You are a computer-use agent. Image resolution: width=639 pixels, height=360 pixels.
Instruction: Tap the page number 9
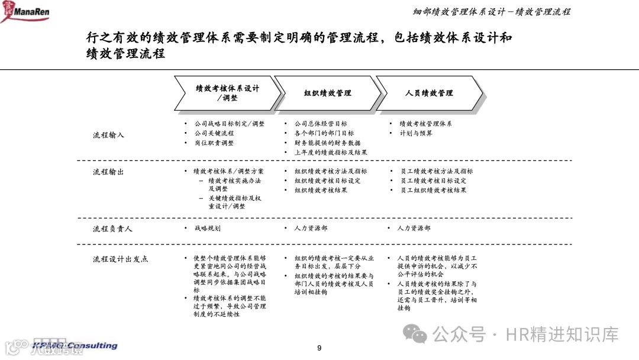pyautogui.click(x=319, y=348)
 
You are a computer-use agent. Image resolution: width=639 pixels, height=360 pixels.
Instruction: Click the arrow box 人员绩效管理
pyautogui.click(x=429, y=93)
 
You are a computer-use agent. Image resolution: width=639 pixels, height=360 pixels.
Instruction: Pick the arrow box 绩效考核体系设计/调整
pyautogui.click(x=227, y=93)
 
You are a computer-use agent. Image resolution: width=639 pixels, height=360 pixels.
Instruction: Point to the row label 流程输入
pyautogui.click(x=108, y=135)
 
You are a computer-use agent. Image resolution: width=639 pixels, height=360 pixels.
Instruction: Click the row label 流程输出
pyautogui.click(x=108, y=172)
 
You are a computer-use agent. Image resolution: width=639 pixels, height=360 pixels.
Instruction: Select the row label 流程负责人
pyautogui.click(x=112, y=228)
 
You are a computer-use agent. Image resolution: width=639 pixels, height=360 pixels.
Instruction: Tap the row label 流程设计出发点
pyautogui.click(x=121, y=259)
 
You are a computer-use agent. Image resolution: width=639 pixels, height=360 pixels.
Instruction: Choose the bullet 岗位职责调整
pyautogui.click(x=214, y=143)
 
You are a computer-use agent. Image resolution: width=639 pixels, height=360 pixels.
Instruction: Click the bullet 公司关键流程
pyautogui.click(x=214, y=133)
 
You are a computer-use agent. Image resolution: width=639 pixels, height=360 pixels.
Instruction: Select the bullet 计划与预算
pyautogui.click(x=416, y=133)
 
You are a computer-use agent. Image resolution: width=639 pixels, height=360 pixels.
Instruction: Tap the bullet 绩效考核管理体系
pyautogui.click(x=425, y=124)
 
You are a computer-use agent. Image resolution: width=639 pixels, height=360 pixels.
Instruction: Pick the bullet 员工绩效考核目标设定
pyautogui.click(x=433, y=181)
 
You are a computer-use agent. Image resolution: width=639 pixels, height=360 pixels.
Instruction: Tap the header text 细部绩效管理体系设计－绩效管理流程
pyautogui.click(x=491, y=11)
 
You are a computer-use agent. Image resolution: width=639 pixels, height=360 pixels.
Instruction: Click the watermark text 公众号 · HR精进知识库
pyautogui.click(x=525, y=335)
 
